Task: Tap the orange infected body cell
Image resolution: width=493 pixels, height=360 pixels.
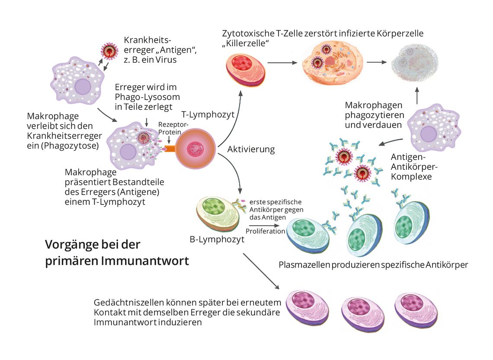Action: [332, 63]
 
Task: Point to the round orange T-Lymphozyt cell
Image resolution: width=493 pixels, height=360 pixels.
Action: [195, 148]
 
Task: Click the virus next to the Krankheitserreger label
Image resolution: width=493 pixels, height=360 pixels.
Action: [109, 51]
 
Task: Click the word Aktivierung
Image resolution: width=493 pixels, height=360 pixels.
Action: [251, 149]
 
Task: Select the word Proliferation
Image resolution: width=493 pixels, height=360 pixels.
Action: [265, 231]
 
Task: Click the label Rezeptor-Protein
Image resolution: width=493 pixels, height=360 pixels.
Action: [173, 128]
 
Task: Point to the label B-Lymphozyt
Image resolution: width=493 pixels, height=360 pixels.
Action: [217, 239]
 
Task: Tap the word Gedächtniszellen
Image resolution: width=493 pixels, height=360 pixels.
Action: [129, 303]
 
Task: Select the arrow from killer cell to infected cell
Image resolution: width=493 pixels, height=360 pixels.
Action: [282, 63]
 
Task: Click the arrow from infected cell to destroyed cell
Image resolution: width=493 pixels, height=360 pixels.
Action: [377, 62]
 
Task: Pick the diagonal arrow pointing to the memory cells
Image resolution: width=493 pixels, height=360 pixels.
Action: [261, 271]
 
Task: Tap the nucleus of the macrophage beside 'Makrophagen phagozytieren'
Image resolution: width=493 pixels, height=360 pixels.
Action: [428, 134]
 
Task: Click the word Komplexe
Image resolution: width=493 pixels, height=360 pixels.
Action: [411, 177]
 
